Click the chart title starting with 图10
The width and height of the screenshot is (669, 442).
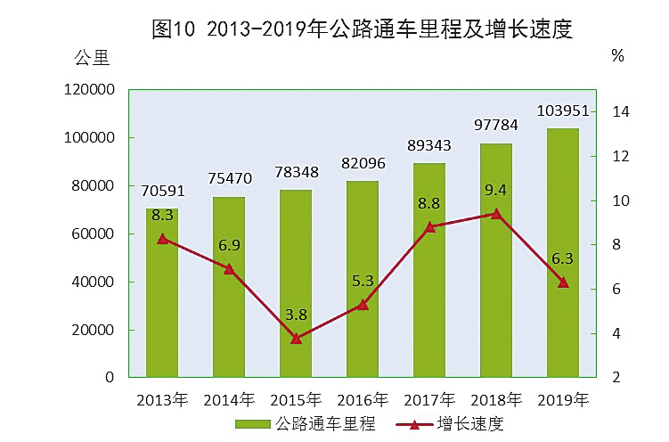(x=361, y=29)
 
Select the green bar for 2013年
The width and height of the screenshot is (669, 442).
(x=162, y=294)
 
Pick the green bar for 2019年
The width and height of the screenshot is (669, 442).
(x=563, y=254)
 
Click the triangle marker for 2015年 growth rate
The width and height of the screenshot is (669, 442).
(x=296, y=339)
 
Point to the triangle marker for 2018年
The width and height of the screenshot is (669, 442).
(x=496, y=214)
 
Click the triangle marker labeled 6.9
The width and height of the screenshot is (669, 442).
(x=229, y=269)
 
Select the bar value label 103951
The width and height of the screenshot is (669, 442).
(x=563, y=110)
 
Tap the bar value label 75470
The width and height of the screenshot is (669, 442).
(x=228, y=178)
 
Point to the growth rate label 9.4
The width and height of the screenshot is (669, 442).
(x=496, y=189)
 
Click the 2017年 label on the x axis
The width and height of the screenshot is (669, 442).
(x=430, y=398)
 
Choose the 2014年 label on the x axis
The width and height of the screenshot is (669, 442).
(x=229, y=398)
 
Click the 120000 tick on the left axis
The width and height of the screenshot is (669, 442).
(x=89, y=90)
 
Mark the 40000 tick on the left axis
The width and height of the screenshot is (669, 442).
(x=93, y=282)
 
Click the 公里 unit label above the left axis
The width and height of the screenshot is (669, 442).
(x=91, y=60)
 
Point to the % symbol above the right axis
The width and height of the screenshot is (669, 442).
(x=618, y=56)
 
